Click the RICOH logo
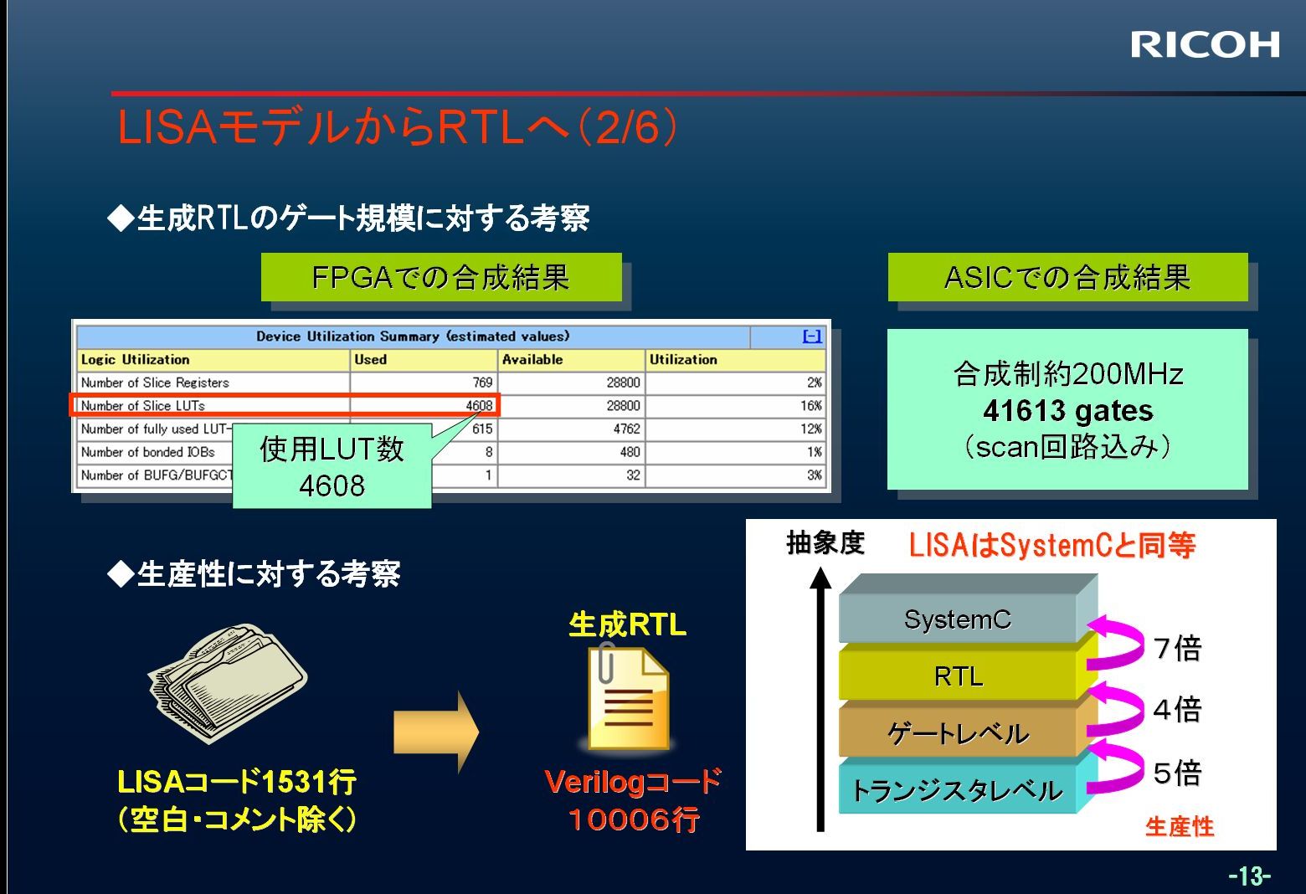(x=1205, y=45)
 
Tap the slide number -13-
(x=1249, y=875)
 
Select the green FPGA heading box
(x=441, y=277)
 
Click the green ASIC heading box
(x=1067, y=277)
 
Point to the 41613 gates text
(x=1067, y=411)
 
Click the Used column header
(x=371, y=360)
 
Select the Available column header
(x=532, y=360)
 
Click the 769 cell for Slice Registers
(x=482, y=383)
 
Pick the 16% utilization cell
(x=811, y=406)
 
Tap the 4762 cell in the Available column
(x=627, y=429)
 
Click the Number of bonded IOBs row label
(x=147, y=452)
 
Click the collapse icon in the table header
(x=812, y=337)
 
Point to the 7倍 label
(x=1177, y=648)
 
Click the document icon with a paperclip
(x=629, y=696)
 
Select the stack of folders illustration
(x=228, y=683)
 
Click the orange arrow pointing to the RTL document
(x=437, y=732)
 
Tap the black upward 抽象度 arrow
(x=820, y=699)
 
